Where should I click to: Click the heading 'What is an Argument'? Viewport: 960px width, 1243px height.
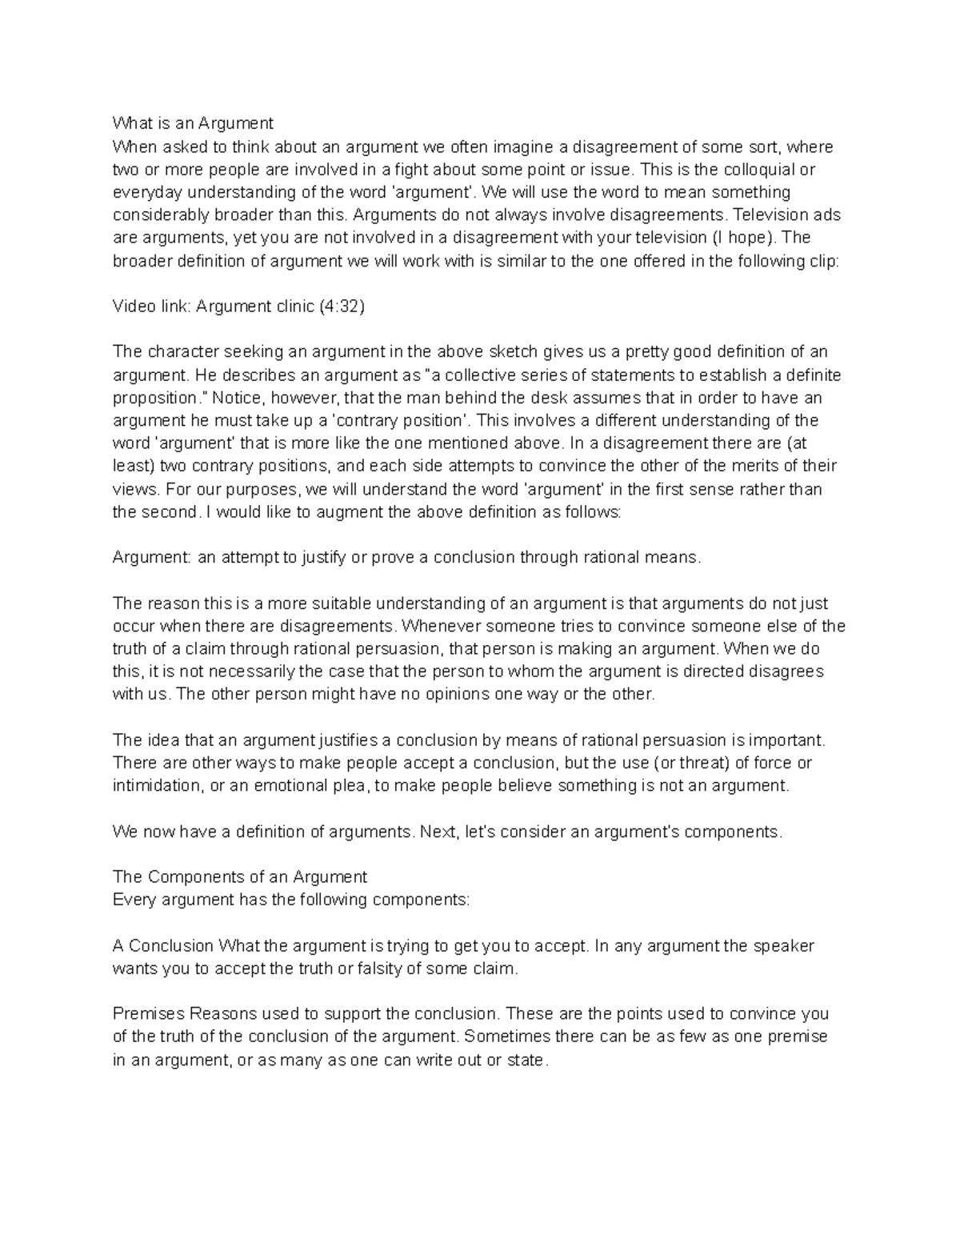pyautogui.click(x=193, y=123)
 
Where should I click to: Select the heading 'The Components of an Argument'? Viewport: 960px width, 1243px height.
pyautogui.click(x=240, y=876)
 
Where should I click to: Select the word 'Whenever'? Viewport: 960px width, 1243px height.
pyautogui.click(x=438, y=626)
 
